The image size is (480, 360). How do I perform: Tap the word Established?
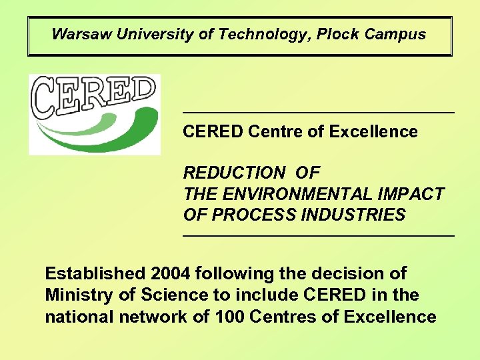click(x=95, y=273)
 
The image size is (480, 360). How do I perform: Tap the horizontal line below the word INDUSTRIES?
click(x=319, y=235)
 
